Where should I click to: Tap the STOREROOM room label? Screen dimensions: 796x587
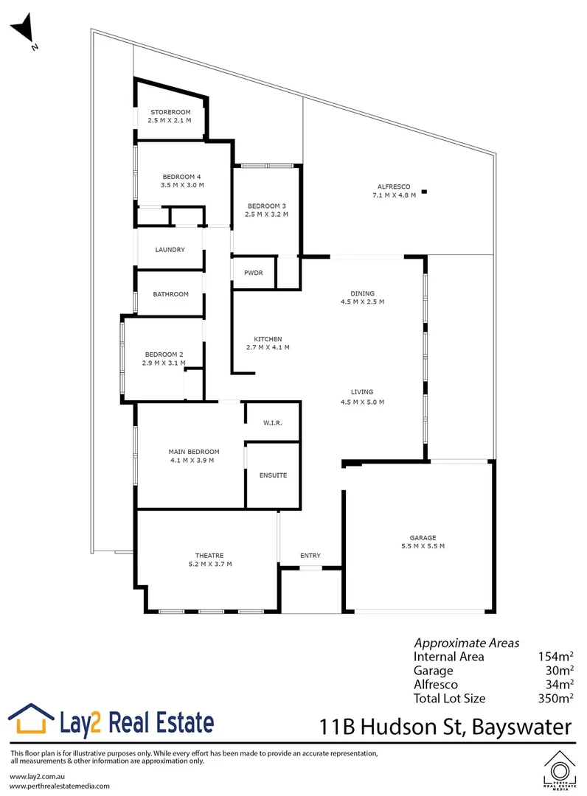coord(170,112)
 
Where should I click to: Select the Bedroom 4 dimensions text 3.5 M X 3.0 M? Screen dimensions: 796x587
coord(182,185)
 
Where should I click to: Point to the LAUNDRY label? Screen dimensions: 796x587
coord(170,250)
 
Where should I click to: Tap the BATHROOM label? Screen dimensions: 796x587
coord(171,294)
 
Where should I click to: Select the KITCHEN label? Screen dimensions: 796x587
coord(267,339)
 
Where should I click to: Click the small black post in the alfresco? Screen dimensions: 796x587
coord(424,193)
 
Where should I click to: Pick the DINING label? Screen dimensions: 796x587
coord(362,293)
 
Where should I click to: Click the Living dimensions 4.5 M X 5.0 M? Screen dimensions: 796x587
coord(362,402)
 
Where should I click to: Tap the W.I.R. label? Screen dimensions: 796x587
coord(272,423)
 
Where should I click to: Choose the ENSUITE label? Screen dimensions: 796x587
coord(273,475)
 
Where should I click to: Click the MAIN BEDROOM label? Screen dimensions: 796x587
coord(194,451)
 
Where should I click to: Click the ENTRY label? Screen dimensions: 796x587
coord(310,556)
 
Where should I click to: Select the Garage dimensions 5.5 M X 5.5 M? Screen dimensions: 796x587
coord(423,546)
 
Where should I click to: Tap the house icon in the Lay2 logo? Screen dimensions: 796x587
coord(32,719)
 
